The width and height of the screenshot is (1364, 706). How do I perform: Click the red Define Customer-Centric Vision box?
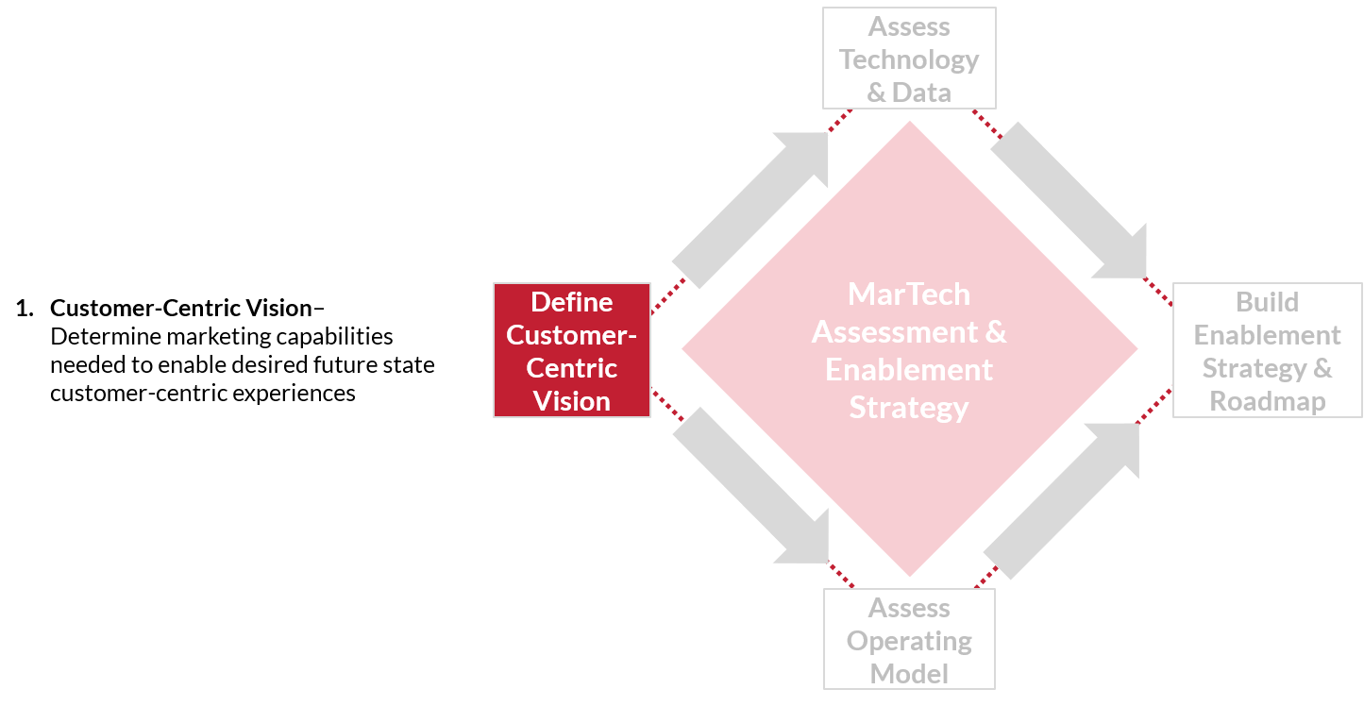(x=571, y=350)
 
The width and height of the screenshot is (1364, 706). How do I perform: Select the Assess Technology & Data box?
(x=909, y=59)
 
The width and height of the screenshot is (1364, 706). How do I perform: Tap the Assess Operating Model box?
(x=909, y=640)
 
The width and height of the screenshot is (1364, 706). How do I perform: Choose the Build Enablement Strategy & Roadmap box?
(x=1267, y=350)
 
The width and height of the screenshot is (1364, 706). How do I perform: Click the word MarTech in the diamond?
(x=909, y=294)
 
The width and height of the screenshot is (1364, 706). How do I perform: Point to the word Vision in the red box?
(x=571, y=400)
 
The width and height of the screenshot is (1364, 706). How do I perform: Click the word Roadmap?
(x=1267, y=400)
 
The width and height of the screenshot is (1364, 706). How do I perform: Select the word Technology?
(x=909, y=59)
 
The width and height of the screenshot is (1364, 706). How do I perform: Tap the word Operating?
(x=909, y=641)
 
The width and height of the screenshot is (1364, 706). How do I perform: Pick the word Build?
(x=1267, y=302)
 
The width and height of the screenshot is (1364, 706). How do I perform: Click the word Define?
(x=571, y=302)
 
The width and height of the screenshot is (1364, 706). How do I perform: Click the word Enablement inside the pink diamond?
(x=909, y=370)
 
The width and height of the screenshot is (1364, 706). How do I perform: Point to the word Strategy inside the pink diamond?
(x=909, y=408)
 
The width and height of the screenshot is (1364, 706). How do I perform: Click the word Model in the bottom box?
(x=909, y=674)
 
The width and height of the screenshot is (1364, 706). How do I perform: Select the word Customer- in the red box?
(x=571, y=335)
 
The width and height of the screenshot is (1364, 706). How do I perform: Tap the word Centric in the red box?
(x=571, y=368)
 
